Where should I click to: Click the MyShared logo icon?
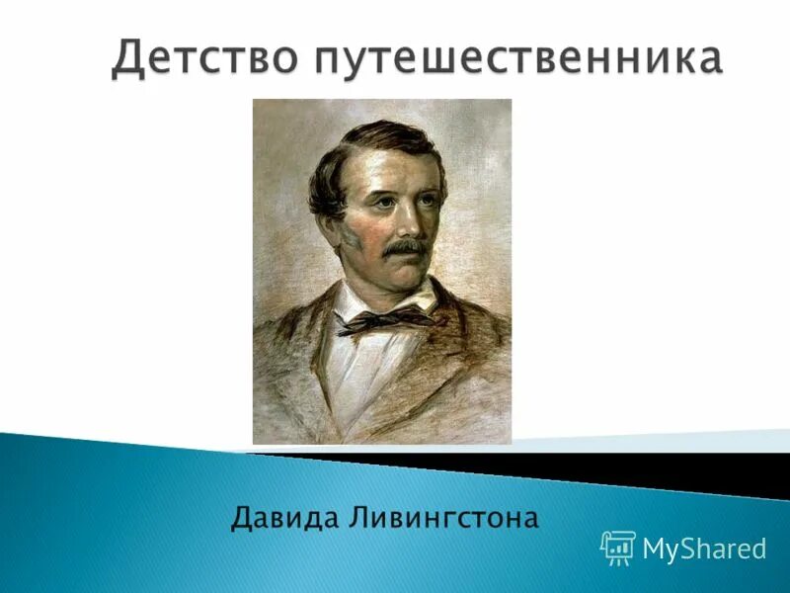pyautogui.click(x=617, y=548)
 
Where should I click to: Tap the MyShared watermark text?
pyautogui.click(x=704, y=549)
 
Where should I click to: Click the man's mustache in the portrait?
pyautogui.click(x=404, y=245)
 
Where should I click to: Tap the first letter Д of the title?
pyautogui.click(x=128, y=57)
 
